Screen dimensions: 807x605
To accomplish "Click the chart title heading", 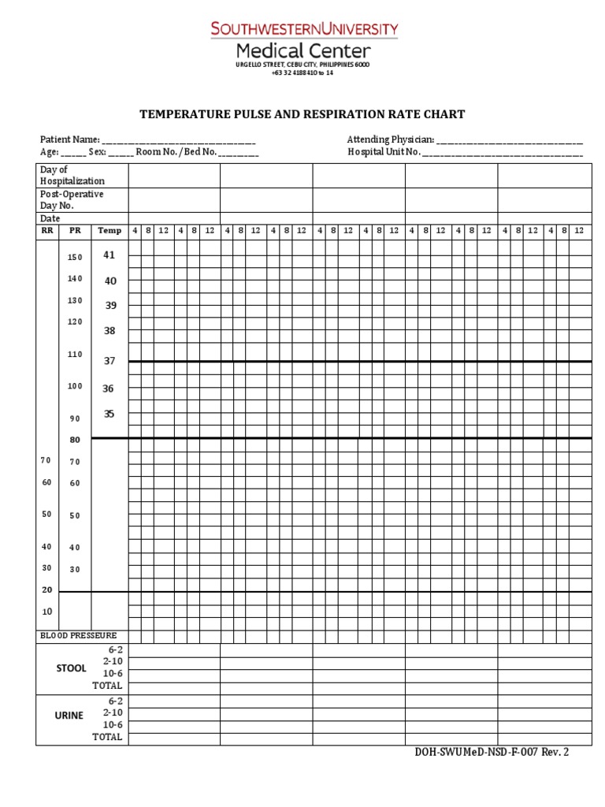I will click(302, 114).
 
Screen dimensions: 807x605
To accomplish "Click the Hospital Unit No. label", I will click(384, 152).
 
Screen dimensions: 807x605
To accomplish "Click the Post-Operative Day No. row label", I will click(72, 200).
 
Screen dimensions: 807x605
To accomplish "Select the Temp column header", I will click(109, 231).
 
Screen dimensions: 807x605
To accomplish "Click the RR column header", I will click(46, 231).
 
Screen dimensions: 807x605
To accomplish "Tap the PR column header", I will click(75, 231).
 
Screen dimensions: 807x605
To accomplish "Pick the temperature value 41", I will click(109, 255).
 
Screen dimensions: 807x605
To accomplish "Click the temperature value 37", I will click(109, 361).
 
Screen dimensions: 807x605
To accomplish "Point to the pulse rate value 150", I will click(75, 258).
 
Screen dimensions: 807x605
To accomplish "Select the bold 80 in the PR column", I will click(75, 440).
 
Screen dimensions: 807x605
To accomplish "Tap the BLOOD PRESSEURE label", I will click(78, 635).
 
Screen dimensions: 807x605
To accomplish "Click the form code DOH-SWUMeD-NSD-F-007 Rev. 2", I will click(491, 752).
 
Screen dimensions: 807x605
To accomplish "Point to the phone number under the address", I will click(302, 73).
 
